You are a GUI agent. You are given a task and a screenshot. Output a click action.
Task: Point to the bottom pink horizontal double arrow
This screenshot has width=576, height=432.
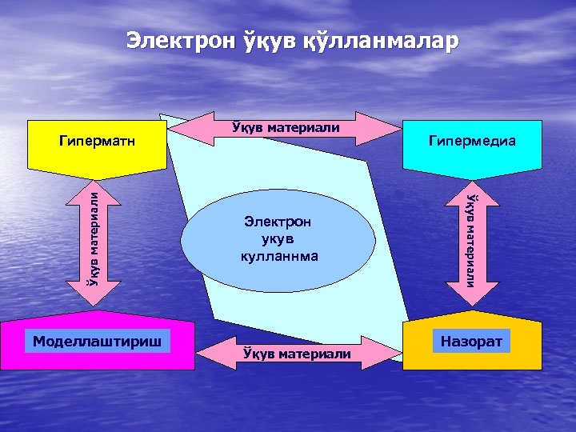tap(295, 352)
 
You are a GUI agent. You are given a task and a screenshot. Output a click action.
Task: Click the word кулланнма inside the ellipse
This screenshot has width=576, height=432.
tap(278, 257)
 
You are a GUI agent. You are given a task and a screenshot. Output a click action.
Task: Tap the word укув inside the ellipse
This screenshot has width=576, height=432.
tap(278, 239)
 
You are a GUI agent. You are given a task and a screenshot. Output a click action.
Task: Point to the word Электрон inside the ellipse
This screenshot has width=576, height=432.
tap(278, 222)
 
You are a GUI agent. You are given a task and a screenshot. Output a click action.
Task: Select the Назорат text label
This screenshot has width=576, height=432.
tap(472, 342)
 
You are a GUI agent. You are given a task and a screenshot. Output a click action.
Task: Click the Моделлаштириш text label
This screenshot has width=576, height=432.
tap(97, 342)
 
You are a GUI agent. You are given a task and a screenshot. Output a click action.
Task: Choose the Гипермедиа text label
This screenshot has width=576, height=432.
tap(472, 142)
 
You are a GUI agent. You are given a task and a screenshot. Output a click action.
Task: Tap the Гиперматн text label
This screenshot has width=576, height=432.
tap(97, 142)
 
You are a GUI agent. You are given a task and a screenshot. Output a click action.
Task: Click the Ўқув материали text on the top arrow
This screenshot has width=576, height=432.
tap(285, 127)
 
